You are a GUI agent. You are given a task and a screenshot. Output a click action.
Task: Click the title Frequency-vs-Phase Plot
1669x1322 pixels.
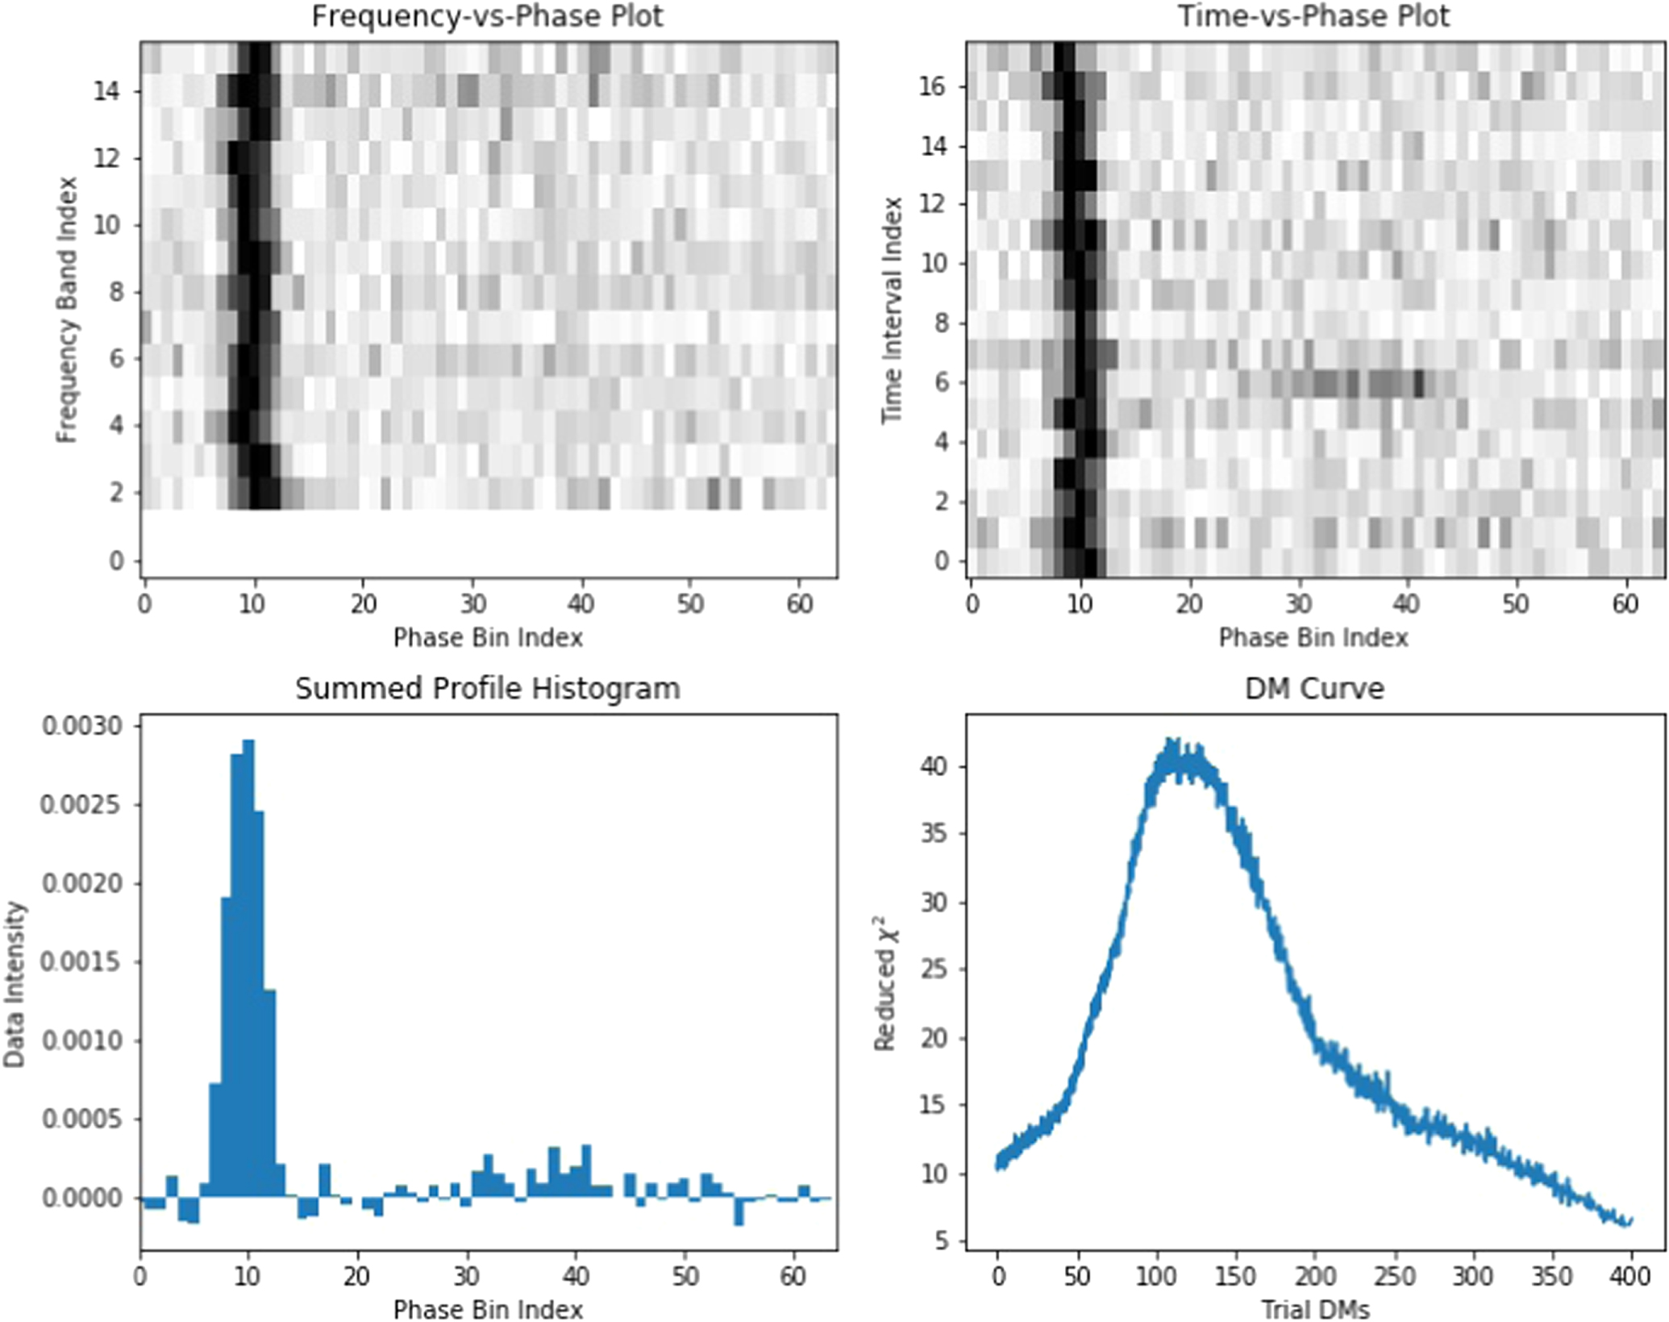(x=487, y=17)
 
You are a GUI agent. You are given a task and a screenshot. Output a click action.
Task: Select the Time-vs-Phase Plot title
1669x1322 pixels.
(x=1314, y=17)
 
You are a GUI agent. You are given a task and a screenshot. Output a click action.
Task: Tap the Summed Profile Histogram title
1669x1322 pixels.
(x=487, y=689)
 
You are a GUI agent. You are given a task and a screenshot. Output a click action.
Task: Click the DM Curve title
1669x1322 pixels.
(x=1314, y=689)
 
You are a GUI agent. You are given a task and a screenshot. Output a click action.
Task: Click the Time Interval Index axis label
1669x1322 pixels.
(x=891, y=310)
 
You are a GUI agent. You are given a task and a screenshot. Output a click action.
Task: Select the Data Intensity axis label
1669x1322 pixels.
(x=15, y=984)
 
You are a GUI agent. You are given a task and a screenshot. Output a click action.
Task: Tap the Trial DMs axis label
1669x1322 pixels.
(x=1314, y=1308)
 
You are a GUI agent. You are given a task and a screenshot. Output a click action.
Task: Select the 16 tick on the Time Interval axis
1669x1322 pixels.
(x=933, y=86)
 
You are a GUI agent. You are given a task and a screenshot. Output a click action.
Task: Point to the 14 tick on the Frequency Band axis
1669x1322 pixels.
(x=106, y=91)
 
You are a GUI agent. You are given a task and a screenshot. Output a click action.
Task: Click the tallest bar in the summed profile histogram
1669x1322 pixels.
(x=248, y=968)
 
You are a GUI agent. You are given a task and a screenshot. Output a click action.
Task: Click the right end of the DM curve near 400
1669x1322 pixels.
(x=1629, y=1223)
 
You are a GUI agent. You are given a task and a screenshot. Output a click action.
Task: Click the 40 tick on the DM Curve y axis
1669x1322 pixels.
(x=934, y=766)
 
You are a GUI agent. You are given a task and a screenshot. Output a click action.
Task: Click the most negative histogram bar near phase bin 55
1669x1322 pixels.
(x=739, y=1211)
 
